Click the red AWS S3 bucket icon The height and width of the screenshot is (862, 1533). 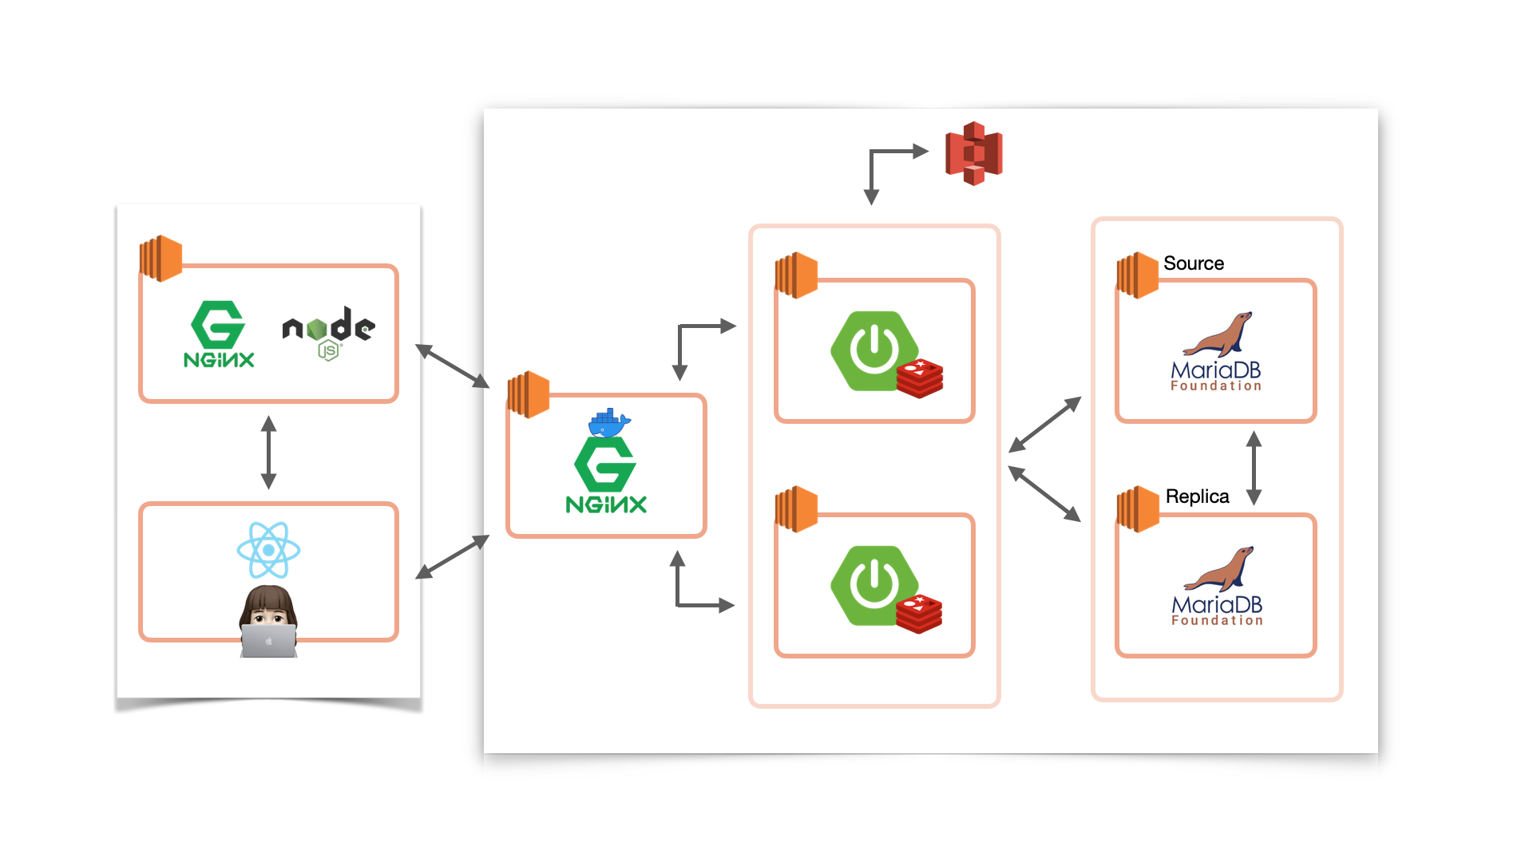[x=973, y=153]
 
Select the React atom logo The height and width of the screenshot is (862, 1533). [x=268, y=550]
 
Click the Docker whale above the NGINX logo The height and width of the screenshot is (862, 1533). [x=609, y=422]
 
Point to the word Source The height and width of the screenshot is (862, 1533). [x=1193, y=263]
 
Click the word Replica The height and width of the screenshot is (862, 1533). [x=1197, y=496]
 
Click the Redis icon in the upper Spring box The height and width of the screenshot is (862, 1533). [x=920, y=378]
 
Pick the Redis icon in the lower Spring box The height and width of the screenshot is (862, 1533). [x=919, y=614]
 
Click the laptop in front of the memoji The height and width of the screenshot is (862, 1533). [x=268, y=641]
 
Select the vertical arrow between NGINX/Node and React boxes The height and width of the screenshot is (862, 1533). [x=268, y=452]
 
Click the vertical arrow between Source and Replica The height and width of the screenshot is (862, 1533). [x=1254, y=468]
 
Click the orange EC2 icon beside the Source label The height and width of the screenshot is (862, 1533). [x=1137, y=275]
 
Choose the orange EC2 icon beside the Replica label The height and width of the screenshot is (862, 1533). [x=1137, y=508]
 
